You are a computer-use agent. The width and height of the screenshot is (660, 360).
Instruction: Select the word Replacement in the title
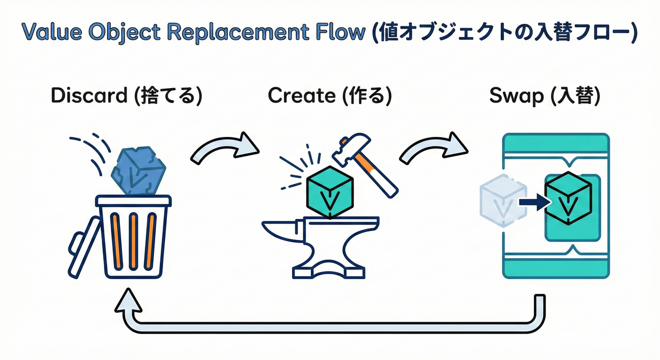tap(237, 33)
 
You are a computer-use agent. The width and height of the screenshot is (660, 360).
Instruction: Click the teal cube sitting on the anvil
tap(330, 192)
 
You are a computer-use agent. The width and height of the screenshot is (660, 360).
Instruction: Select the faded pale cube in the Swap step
tap(500, 201)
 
